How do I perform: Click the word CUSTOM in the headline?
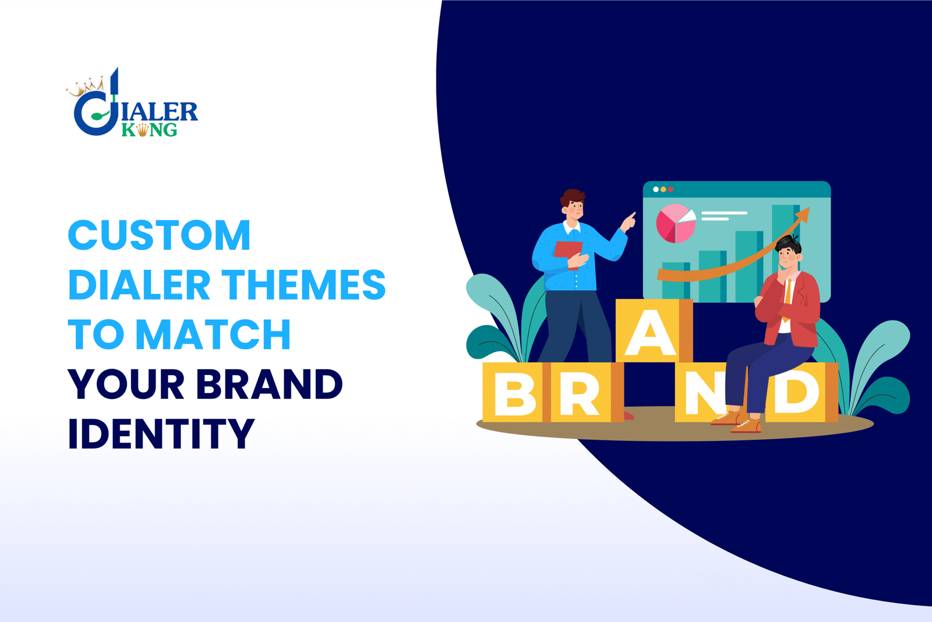click(159, 236)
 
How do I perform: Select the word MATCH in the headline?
click(213, 335)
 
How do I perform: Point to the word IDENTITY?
click(161, 434)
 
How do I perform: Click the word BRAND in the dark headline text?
click(269, 384)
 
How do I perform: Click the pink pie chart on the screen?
click(675, 223)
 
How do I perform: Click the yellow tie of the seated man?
click(788, 294)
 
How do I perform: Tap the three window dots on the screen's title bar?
click(663, 189)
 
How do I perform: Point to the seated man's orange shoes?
click(736, 422)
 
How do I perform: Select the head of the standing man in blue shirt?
click(573, 204)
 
